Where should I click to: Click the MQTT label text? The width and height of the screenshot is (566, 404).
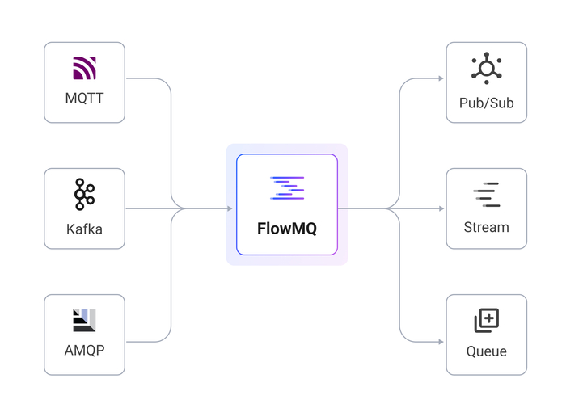tap(84, 99)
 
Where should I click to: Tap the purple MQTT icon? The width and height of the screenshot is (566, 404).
tap(84, 69)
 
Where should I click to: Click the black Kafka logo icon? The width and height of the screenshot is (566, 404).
tap(84, 196)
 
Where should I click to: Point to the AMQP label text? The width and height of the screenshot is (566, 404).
tap(84, 351)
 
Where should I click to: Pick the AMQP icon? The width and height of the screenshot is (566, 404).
tap(84, 321)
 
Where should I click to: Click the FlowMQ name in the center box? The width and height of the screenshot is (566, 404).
tap(287, 228)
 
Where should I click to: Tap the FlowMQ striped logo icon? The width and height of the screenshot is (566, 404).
tap(287, 188)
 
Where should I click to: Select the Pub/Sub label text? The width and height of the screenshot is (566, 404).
tap(487, 103)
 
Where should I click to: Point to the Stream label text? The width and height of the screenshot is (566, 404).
tap(487, 227)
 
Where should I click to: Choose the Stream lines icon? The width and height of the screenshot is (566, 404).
tap(487, 196)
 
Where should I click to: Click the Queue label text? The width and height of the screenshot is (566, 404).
tap(487, 351)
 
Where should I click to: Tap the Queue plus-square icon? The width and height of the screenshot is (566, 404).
tap(487, 321)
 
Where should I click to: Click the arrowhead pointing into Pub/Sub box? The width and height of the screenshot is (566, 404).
tap(440, 78)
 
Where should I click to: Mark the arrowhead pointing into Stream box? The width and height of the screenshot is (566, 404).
tap(440, 208)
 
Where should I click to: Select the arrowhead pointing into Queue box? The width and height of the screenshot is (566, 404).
tap(440, 339)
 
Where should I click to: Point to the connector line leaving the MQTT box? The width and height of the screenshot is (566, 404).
tap(146, 78)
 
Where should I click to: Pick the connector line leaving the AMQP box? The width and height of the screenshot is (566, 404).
tap(146, 339)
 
